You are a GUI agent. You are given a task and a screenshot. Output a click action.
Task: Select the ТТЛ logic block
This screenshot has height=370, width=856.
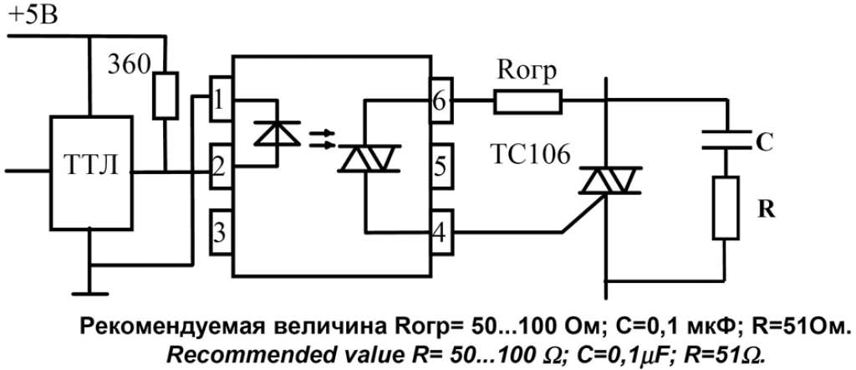pyautogui.click(x=92, y=172)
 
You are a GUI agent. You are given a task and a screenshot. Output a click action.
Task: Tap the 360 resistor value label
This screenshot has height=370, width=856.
pyautogui.click(x=129, y=65)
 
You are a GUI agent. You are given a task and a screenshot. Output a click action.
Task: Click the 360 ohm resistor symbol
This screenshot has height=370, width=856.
pyautogui.click(x=165, y=95)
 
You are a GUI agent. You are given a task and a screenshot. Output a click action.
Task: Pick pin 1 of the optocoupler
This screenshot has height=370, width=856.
pyautogui.click(x=221, y=100)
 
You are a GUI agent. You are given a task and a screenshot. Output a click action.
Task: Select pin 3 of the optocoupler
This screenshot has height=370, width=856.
pyautogui.click(x=221, y=233)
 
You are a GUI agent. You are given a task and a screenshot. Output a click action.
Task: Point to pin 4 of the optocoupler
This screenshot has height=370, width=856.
pyautogui.click(x=440, y=233)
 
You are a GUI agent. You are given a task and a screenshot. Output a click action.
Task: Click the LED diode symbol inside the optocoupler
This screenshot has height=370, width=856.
pyautogui.click(x=278, y=133)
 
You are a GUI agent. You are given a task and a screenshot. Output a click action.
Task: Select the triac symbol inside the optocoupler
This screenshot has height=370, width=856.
pyautogui.click(x=369, y=158)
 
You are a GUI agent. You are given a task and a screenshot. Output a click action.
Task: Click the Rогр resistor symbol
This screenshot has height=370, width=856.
pyautogui.click(x=527, y=100)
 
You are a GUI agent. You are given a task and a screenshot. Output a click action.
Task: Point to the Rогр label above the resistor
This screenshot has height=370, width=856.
pyautogui.click(x=527, y=71)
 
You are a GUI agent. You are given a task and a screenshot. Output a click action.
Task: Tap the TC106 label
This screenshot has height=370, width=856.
pyautogui.click(x=528, y=156)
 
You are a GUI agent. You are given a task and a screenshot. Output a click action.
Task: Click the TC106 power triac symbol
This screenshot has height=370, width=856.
pyautogui.click(x=607, y=181)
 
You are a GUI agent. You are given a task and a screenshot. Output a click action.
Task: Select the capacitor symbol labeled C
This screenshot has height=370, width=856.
pyautogui.click(x=726, y=140)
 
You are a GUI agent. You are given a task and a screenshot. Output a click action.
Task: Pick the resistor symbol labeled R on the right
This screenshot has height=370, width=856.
pyautogui.click(x=726, y=208)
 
